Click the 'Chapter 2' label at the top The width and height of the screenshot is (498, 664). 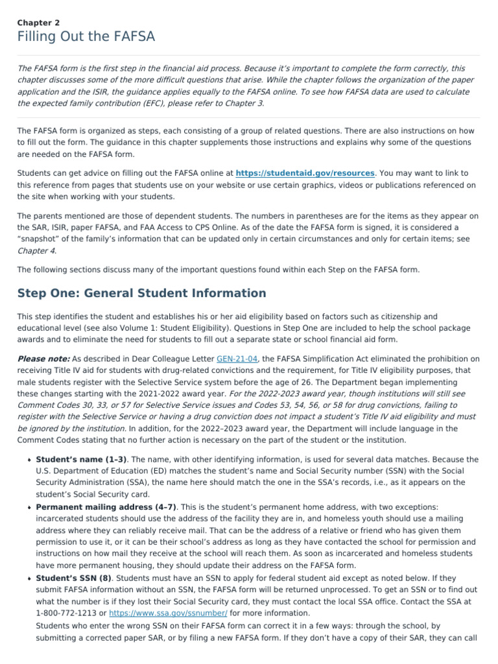pos(38,22)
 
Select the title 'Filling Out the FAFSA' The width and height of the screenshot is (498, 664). pos(86,37)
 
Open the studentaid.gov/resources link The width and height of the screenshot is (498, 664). pos(305,173)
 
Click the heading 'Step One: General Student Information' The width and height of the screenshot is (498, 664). pos(141,293)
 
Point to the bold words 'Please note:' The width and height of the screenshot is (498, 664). pos(43,359)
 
